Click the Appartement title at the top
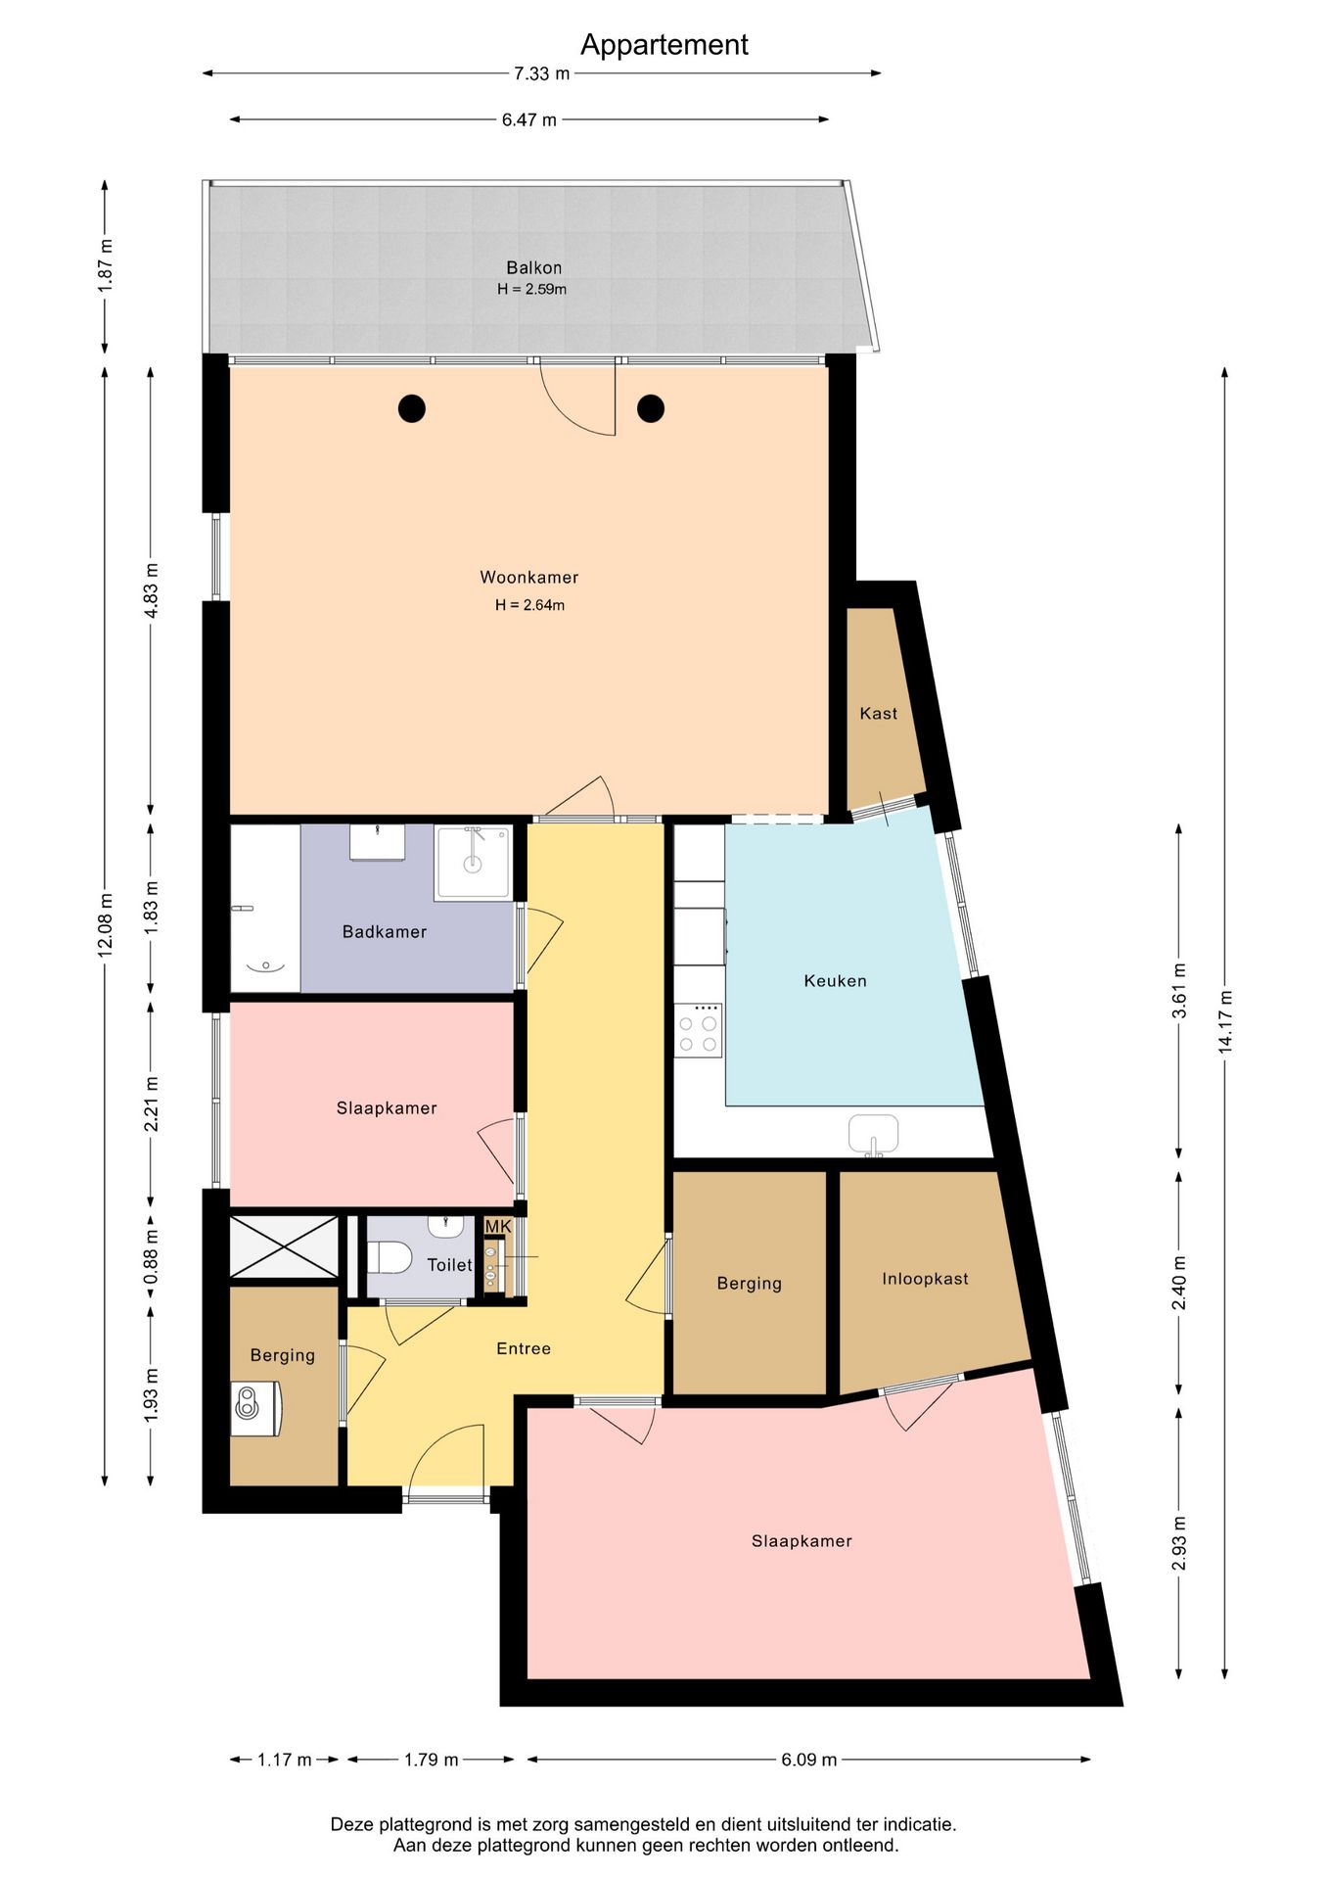664,45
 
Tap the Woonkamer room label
528,578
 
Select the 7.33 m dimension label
541,73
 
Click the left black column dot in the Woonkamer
412,408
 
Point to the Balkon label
533,267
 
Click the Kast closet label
878,714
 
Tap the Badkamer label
384,932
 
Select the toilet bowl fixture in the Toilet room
389,1257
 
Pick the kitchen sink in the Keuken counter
873,1134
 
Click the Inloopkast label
925,1279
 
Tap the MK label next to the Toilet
498,1227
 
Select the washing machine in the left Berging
256,1408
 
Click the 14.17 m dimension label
1224,1021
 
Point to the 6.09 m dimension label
808,1760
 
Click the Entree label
524,1348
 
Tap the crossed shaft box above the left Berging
283,1246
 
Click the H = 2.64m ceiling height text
529,605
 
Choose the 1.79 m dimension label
432,1760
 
